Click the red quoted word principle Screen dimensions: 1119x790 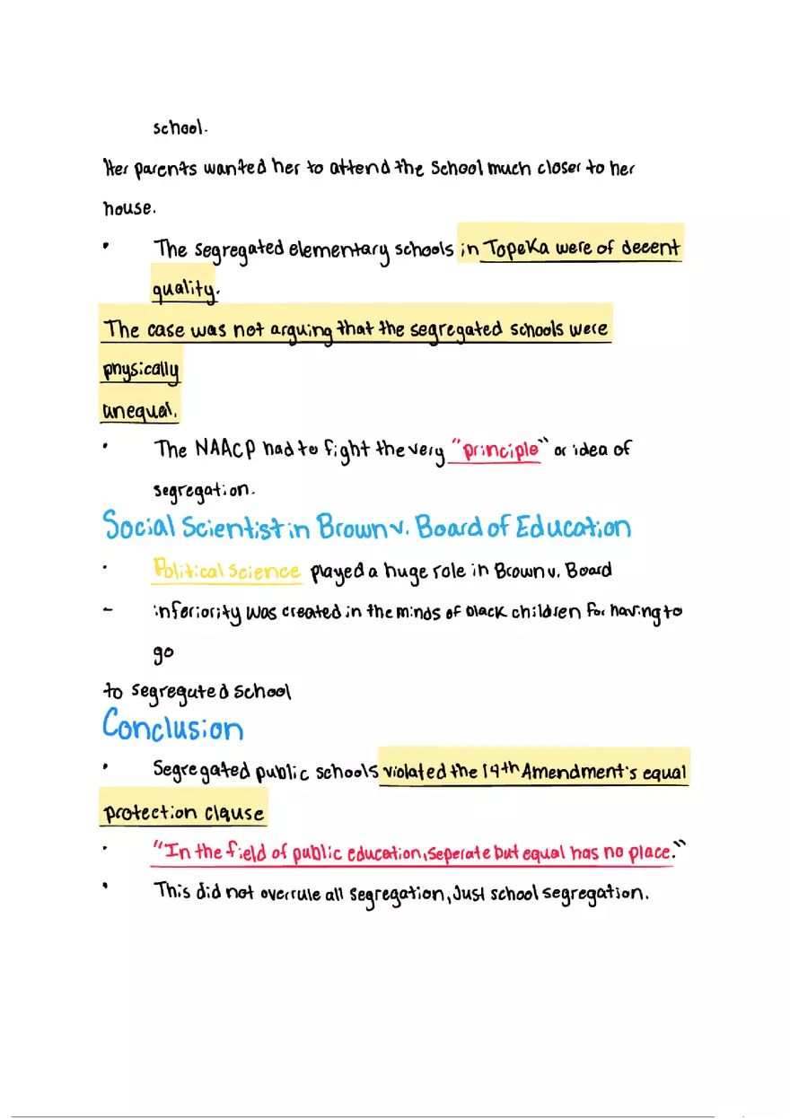497,450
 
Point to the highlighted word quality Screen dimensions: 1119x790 184,289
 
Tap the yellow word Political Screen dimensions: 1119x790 185,571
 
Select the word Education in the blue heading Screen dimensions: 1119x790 573,527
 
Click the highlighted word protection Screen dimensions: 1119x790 150,814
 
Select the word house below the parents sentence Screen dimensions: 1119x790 128,208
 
